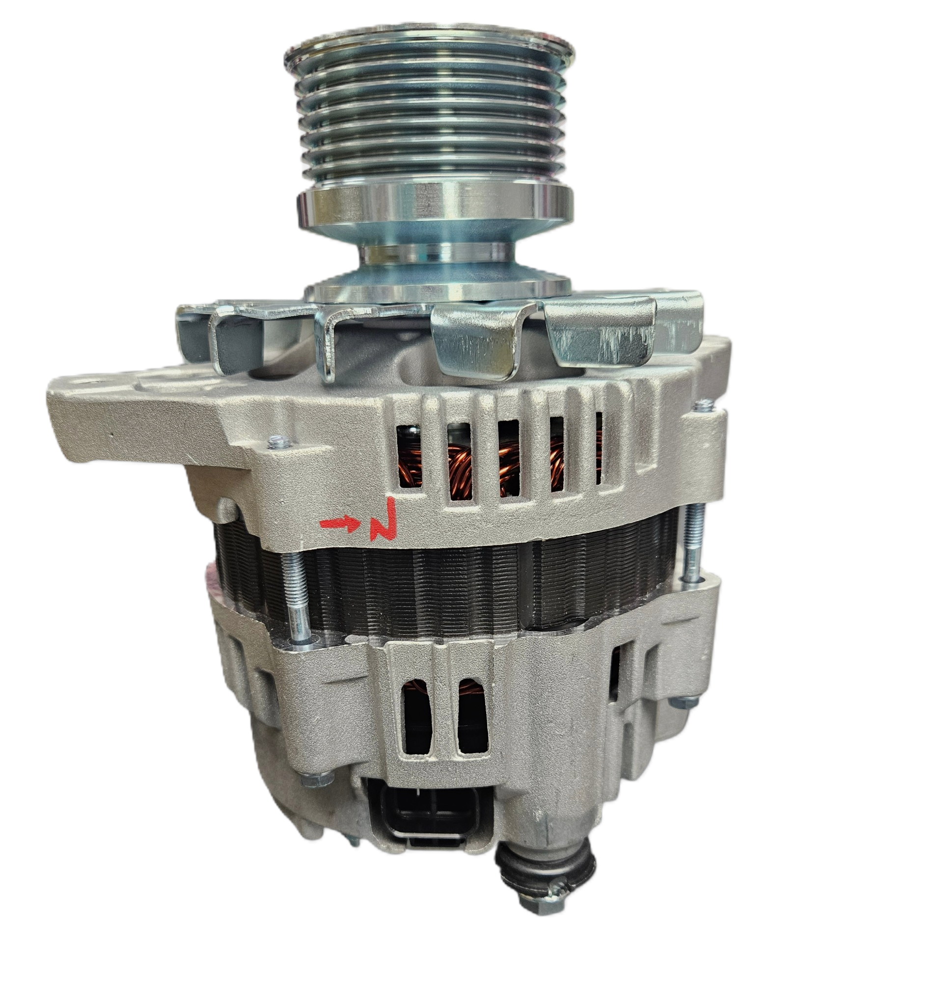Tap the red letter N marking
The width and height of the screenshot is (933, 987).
pos(384,519)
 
